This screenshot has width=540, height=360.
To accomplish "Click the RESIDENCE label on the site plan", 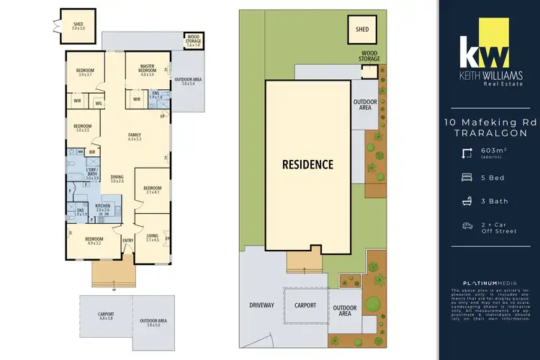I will tap(307, 164).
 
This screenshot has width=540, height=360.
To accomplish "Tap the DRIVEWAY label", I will tap(262, 305).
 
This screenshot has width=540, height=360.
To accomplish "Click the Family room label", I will tap(135, 136).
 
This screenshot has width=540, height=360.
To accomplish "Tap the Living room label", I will tap(152, 237).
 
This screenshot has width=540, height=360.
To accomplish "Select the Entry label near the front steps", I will tap(128, 240).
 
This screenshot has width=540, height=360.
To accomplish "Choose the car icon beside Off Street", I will tap(467, 225).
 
